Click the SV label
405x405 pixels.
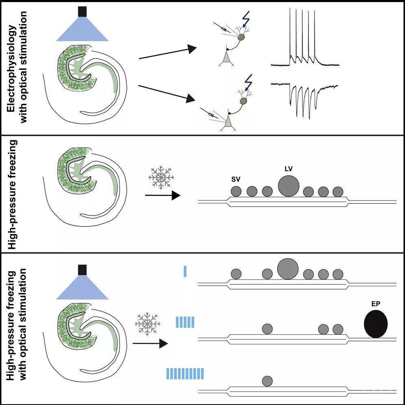[235, 179]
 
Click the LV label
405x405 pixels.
[288, 168]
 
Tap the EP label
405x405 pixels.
[376, 304]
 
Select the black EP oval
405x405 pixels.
[376, 324]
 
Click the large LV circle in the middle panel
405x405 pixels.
[289, 186]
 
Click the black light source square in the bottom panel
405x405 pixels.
[83, 270]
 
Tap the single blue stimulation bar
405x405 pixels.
[185, 271]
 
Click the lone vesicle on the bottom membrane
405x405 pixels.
[267, 381]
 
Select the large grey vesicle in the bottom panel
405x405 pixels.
[288, 268]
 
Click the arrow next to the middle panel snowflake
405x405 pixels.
[163, 196]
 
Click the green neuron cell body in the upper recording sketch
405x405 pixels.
[242, 37]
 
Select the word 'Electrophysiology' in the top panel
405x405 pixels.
[14, 67]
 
